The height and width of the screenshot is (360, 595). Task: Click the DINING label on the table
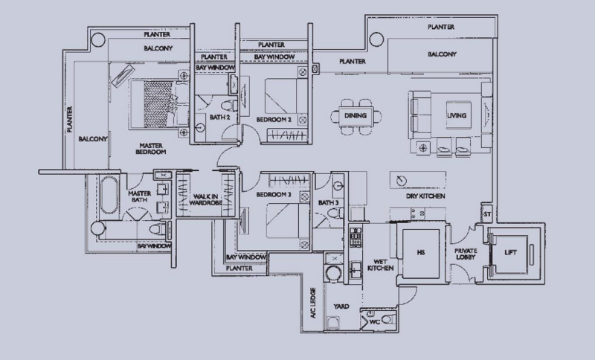pyautogui.click(x=356, y=115)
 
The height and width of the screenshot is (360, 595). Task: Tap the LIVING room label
pyautogui.click(x=456, y=115)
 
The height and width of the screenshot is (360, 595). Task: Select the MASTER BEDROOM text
pyautogui.click(x=151, y=148)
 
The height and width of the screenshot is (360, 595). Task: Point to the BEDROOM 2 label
pyautogui.click(x=274, y=120)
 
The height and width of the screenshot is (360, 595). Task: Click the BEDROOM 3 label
pyautogui.click(x=274, y=195)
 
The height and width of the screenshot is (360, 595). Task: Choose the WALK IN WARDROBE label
pyautogui.click(x=205, y=199)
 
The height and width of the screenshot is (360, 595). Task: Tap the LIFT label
pyautogui.click(x=510, y=252)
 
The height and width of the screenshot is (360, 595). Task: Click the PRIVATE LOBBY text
pyautogui.click(x=466, y=254)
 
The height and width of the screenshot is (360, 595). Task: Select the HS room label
pyautogui.click(x=420, y=252)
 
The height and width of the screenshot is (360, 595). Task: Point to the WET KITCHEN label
pyautogui.click(x=380, y=265)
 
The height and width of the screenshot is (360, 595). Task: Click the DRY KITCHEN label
pyautogui.click(x=425, y=196)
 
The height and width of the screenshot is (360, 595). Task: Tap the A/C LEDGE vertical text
pyautogui.click(x=313, y=303)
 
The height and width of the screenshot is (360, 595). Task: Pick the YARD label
pyautogui.click(x=341, y=306)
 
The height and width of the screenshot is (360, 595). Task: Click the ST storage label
pyautogui.click(x=487, y=214)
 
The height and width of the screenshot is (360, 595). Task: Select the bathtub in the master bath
pyautogui.click(x=109, y=196)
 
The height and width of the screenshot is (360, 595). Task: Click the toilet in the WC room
pyautogui.click(x=387, y=319)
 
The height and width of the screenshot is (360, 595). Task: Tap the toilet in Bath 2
pyautogui.click(x=230, y=105)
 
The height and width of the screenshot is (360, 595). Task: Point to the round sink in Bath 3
pyautogui.click(x=339, y=185)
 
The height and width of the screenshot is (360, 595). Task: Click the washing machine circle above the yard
pyautogui.click(x=333, y=274)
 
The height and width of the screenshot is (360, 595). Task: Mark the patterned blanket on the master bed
pyautogui.click(x=158, y=104)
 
